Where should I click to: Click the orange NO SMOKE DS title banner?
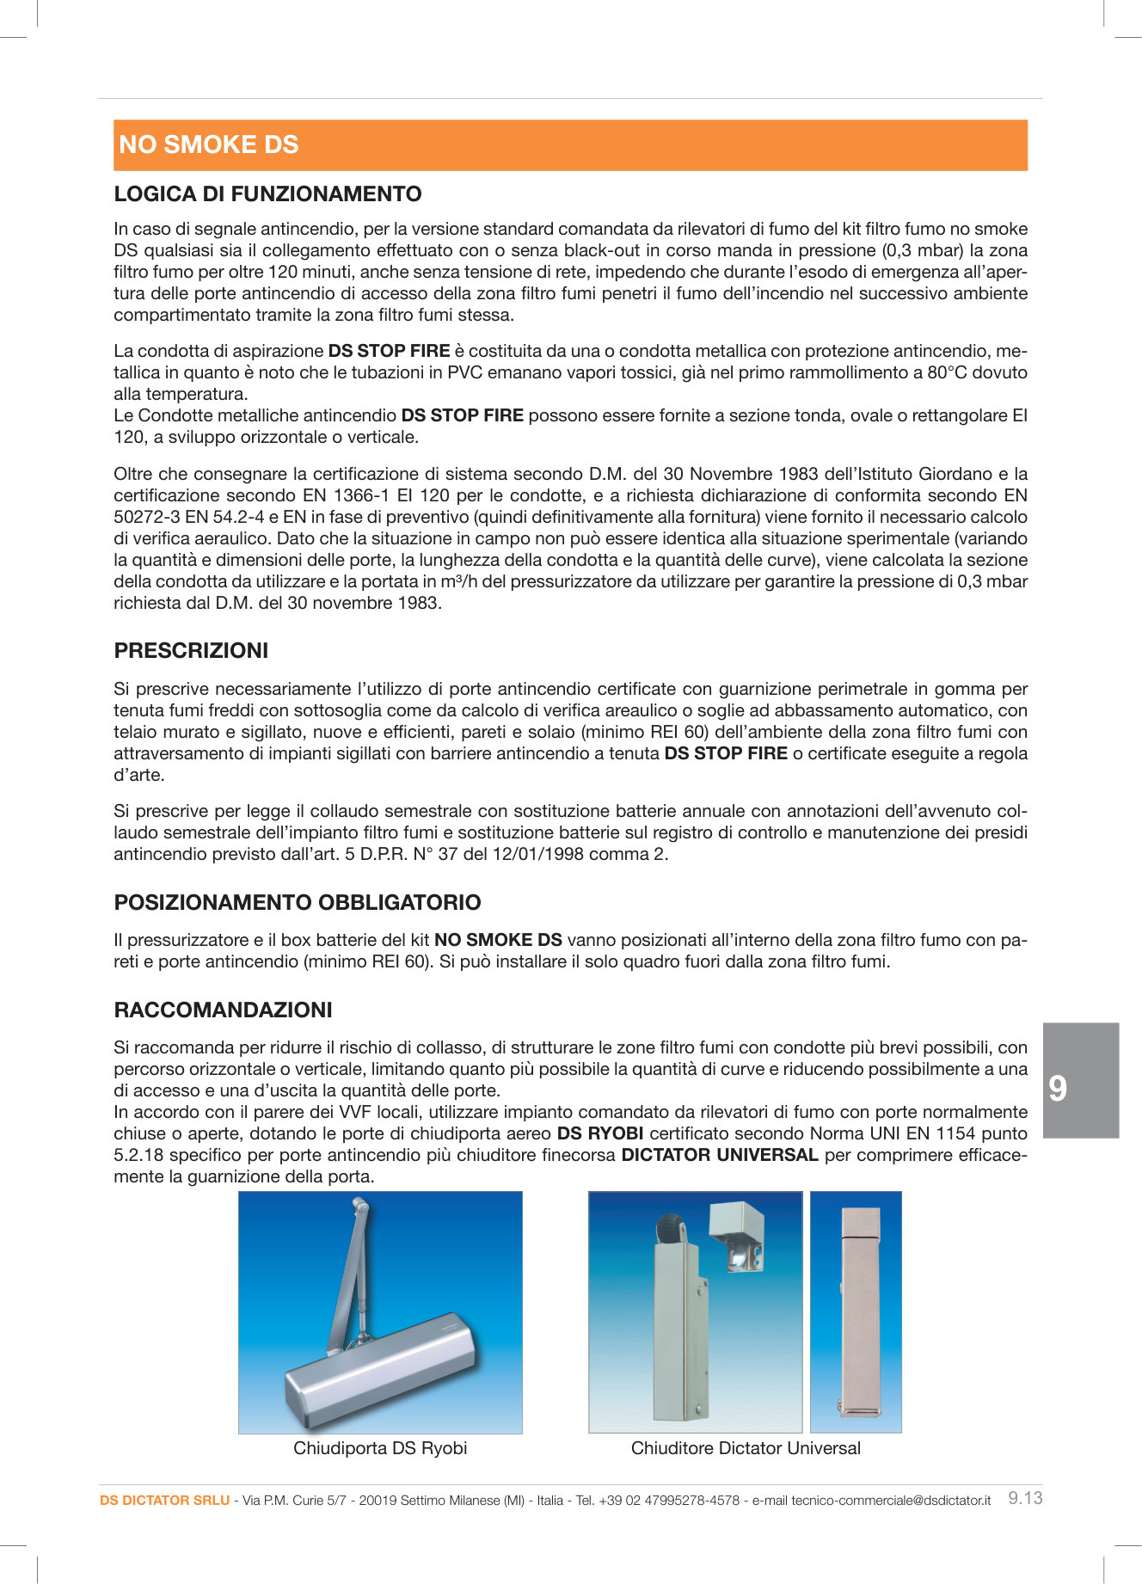click(570, 144)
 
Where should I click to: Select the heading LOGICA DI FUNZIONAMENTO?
click(267, 193)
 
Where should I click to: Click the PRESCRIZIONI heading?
click(191, 650)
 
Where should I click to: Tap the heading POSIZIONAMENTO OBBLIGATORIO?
click(298, 902)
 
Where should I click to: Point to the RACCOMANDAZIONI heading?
click(223, 1010)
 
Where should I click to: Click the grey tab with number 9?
click(1080, 1080)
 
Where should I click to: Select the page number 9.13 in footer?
click(1025, 1498)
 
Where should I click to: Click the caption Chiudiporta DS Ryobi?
click(380, 1448)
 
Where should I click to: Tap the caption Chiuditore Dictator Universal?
click(746, 1448)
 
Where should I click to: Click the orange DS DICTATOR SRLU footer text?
click(164, 1500)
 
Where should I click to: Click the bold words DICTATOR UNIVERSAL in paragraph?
click(719, 1155)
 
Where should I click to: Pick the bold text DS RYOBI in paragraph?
click(600, 1133)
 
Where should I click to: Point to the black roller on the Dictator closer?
click(668, 1230)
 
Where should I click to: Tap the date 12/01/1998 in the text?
click(534, 854)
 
